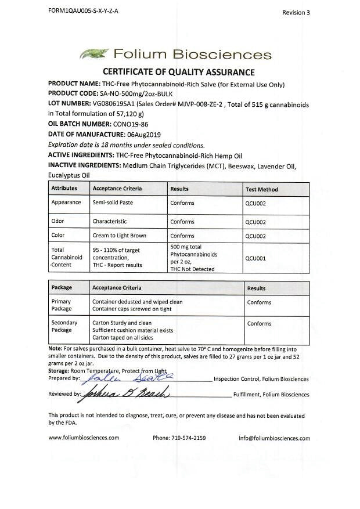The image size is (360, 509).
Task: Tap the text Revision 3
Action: click(296, 12)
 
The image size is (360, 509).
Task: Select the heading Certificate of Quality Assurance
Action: click(179, 72)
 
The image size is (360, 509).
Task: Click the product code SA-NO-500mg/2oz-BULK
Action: click(136, 94)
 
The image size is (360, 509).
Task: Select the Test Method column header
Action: click(261, 189)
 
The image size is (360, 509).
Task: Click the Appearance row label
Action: click(66, 203)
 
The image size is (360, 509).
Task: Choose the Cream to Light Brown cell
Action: click(119, 236)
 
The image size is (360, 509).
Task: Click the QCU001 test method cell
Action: click(255, 258)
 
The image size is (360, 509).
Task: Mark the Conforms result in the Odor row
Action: click(182, 222)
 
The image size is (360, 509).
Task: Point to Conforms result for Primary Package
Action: click(259, 302)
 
